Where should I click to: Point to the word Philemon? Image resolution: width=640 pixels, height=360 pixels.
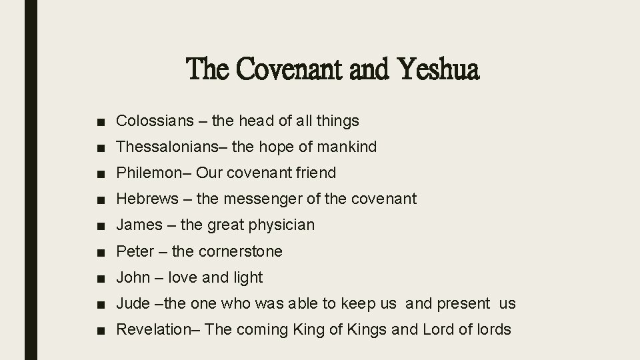pos(145,173)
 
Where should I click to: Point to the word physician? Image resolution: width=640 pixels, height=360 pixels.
pos(281,225)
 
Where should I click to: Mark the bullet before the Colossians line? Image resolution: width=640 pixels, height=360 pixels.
pos(100,121)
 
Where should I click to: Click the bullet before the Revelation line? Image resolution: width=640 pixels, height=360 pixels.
pos(100,330)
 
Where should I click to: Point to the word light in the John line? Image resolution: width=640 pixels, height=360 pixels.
pos(246,277)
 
